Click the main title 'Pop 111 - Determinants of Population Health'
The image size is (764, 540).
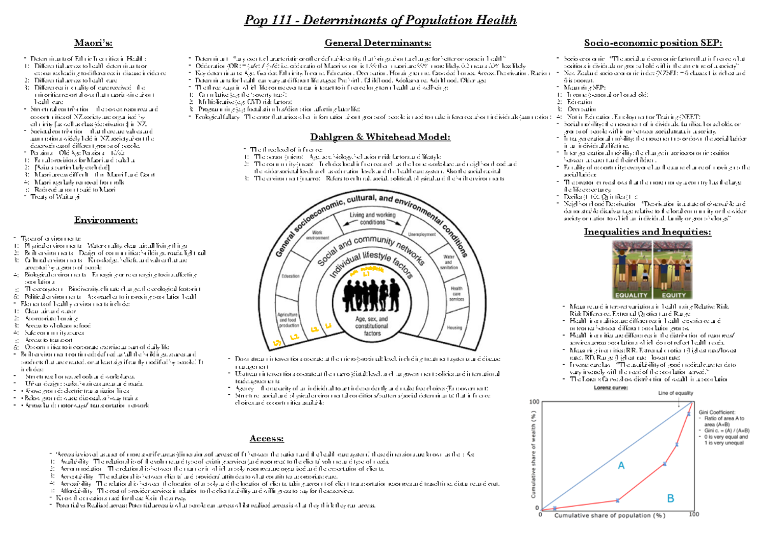[381, 20]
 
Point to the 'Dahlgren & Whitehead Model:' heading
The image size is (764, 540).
[379, 136]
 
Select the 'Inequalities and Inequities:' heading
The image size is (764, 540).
[647, 231]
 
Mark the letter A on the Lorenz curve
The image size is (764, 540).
[620, 465]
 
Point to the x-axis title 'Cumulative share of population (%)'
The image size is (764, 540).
[609, 517]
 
